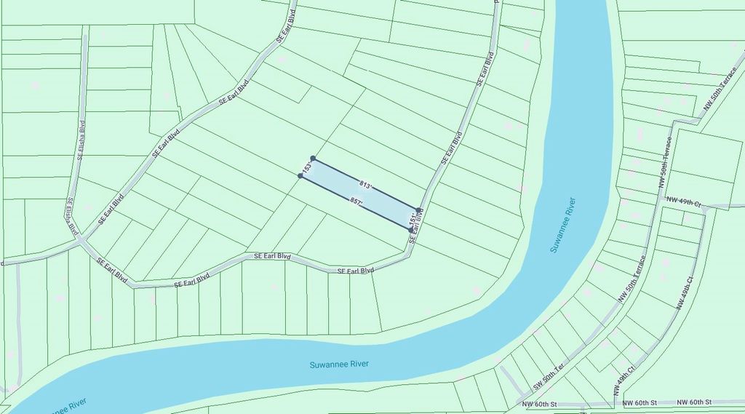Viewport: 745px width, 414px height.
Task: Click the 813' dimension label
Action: [365, 186]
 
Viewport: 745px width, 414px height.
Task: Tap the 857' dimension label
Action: [356, 200]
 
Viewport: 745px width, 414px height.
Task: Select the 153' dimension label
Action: [307, 167]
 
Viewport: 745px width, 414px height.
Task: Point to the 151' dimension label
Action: [413, 218]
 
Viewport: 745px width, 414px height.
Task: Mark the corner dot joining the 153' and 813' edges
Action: [313, 158]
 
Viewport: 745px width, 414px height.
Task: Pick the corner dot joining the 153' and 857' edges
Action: [300, 175]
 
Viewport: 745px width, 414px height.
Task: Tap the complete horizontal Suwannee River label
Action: [339, 364]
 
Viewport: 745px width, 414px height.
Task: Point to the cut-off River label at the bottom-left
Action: [69, 406]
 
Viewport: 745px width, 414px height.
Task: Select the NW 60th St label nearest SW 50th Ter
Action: [539, 403]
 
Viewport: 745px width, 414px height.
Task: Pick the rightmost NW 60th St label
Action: [694, 402]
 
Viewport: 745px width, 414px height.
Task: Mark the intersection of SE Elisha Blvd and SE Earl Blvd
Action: [81, 239]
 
